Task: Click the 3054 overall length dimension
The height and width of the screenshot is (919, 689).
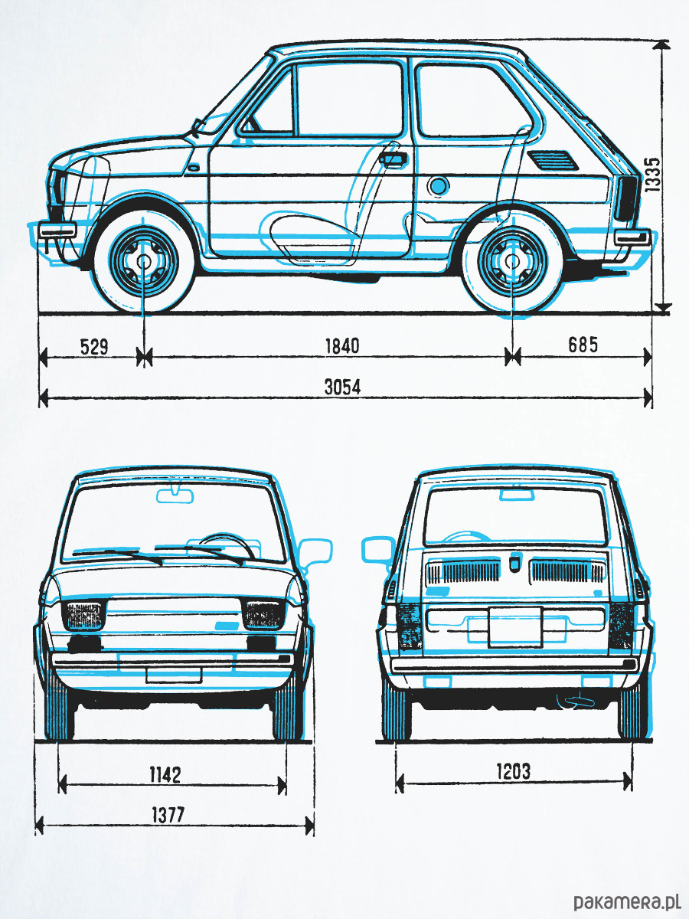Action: pyautogui.click(x=342, y=388)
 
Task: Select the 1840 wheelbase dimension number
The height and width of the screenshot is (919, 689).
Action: pyautogui.click(x=342, y=346)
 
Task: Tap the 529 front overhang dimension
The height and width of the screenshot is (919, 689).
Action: pyautogui.click(x=94, y=346)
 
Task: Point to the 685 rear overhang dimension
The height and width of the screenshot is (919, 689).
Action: pyautogui.click(x=583, y=345)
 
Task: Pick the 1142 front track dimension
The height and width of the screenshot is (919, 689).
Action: pyautogui.click(x=165, y=774)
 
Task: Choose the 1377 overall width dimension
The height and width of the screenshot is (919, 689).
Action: pyautogui.click(x=168, y=814)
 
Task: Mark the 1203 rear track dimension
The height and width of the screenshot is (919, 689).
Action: pyautogui.click(x=513, y=770)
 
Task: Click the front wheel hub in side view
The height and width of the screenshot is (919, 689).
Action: pyautogui.click(x=143, y=260)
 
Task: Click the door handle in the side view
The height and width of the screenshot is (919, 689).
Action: pyautogui.click(x=393, y=159)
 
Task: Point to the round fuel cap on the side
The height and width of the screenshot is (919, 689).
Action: pyautogui.click(x=438, y=185)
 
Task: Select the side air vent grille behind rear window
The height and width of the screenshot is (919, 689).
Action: pyautogui.click(x=552, y=160)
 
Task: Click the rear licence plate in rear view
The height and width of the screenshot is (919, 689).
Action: pyautogui.click(x=515, y=627)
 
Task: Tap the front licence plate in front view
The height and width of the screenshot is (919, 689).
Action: pyautogui.click(x=174, y=675)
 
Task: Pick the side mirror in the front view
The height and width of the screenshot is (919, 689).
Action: pyautogui.click(x=315, y=552)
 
